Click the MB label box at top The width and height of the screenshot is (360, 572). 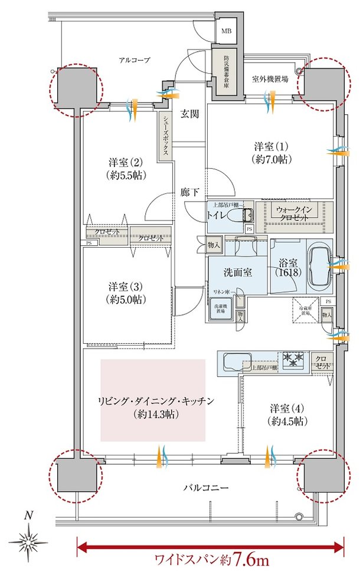227,31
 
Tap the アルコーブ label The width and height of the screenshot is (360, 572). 135,60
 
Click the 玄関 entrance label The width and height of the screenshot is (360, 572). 189,114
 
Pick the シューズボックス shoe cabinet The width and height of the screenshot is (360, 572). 164,136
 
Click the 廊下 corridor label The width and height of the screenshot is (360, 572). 189,191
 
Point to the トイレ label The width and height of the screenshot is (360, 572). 216,215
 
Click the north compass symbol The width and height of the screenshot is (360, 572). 28,540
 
